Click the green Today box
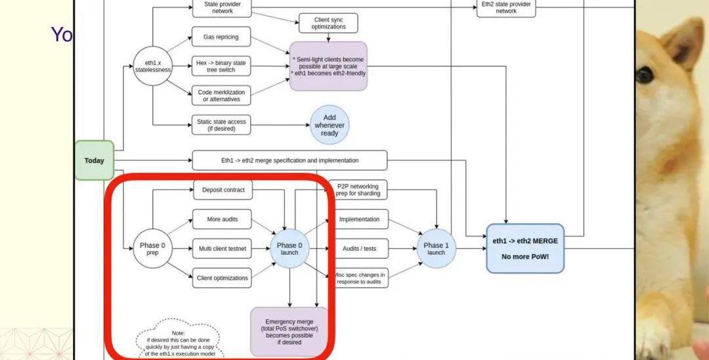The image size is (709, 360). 95,160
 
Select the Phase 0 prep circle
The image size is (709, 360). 152,249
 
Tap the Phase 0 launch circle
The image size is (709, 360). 290,249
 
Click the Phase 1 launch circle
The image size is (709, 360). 436,249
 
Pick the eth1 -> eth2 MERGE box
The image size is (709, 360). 525,248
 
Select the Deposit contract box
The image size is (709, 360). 223,190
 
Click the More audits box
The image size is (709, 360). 222,219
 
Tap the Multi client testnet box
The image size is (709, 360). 222,249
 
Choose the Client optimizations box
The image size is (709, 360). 222,278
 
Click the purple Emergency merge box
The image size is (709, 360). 290,331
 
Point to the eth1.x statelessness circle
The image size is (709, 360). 152,66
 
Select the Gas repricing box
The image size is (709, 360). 221,37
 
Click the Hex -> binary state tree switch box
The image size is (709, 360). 221,66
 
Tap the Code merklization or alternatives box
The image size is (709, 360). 221,96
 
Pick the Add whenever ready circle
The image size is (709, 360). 330,125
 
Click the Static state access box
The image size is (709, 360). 221,125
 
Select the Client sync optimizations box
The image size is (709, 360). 329,23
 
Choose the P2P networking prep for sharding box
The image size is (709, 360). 358,190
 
